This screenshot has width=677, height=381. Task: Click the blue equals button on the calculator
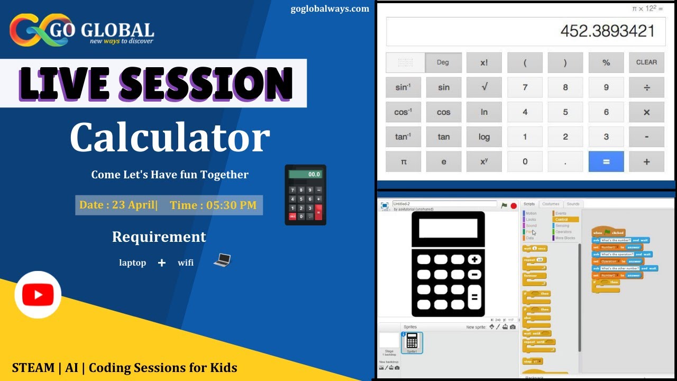click(x=606, y=161)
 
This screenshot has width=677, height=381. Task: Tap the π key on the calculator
click(x=403, y=161)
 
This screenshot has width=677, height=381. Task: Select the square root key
click(x=484, y=87)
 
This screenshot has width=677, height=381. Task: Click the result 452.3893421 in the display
click(x=607, y=31)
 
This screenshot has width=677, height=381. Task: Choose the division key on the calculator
click(x=646, y=87)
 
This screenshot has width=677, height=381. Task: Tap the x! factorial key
click(x=484, y=62)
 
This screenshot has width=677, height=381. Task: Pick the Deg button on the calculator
click(x=443, y=62)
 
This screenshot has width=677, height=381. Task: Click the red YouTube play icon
click(x=38, y=295)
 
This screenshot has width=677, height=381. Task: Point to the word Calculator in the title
click(x=170, y=138)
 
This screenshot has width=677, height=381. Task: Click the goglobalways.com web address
click(x=330, y=8)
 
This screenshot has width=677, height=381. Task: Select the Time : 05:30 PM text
click(x=213, y=205)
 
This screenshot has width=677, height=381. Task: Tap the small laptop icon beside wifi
click(x=223, y=260)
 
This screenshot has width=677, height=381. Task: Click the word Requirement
click(x=159, y=237)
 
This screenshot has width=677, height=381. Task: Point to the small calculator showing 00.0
click(x=305, y=195)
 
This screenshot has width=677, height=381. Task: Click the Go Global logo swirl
click(x=32, y=31)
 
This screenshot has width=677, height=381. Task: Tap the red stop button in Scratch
click(x=513, y=205)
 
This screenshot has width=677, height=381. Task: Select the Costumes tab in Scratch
click(x=551, y=204)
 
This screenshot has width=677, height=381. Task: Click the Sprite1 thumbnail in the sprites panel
click(x=412, y=342)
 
